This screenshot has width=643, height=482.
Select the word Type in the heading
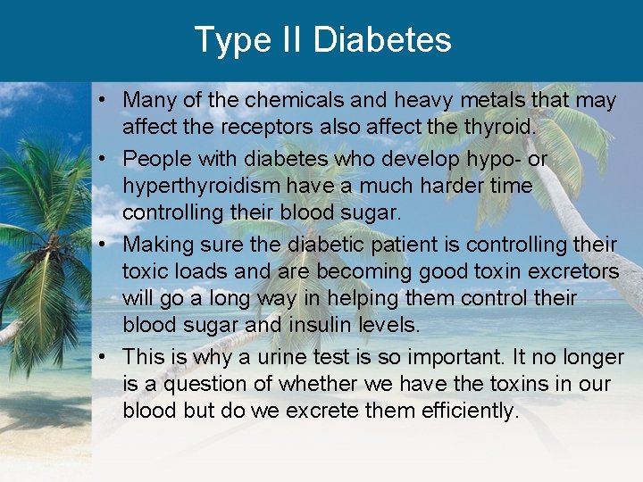231,40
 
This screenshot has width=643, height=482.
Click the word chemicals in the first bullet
284,101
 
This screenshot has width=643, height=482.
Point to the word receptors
255,128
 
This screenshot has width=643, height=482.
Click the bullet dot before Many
104,101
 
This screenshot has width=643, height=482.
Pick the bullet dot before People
104,160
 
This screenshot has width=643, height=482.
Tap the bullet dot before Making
104,245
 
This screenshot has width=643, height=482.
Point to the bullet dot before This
104,357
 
